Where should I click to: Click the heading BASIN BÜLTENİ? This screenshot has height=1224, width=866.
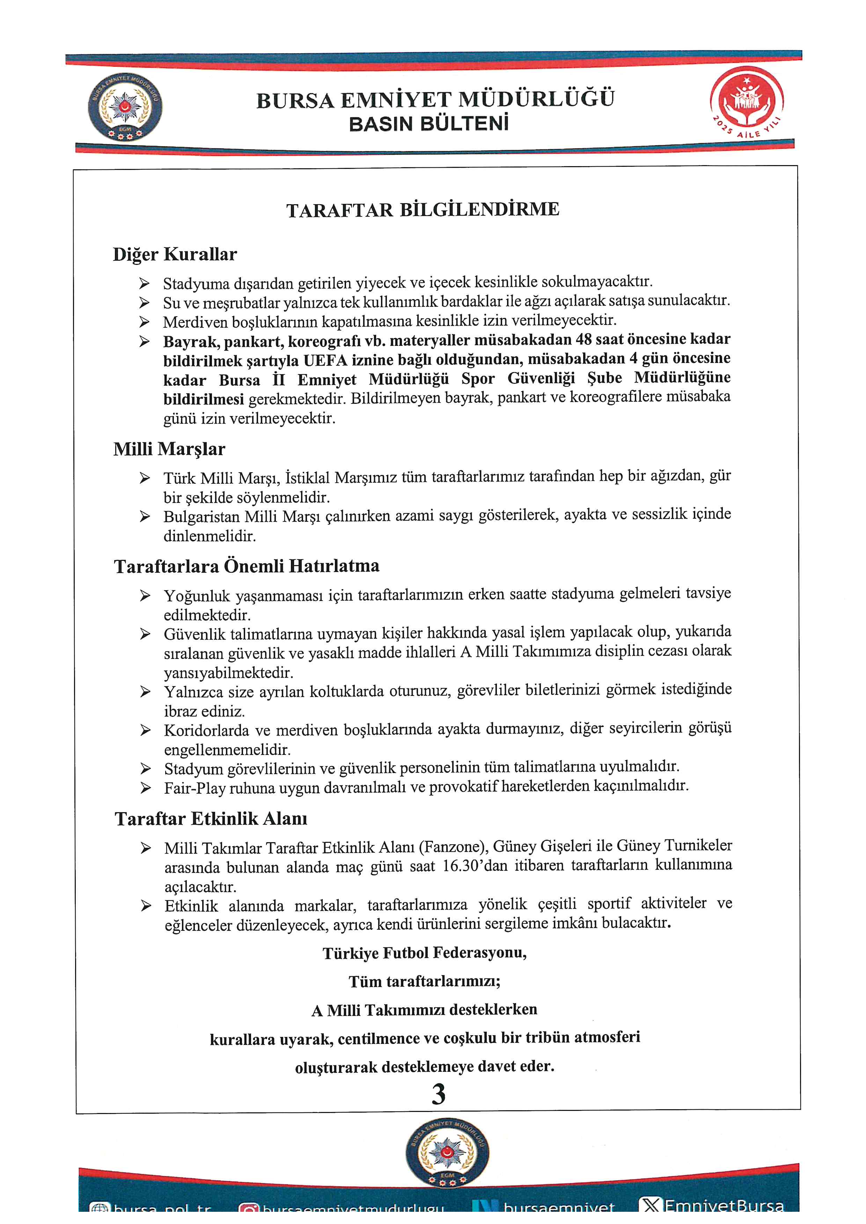click(x=429, y=124)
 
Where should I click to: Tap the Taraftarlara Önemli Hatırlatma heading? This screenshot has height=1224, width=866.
click(x=247, y=566)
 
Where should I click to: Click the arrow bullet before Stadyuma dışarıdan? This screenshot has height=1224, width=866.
click(x=145, y=283)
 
